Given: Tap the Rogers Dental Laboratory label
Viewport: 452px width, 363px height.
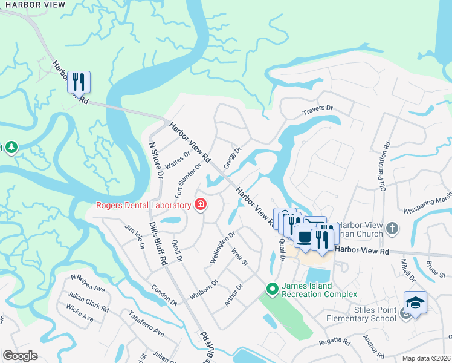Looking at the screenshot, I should pos(144,205).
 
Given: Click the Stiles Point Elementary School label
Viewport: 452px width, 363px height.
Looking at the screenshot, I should pos(360,314).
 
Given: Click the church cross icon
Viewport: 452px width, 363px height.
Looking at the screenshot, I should pos(392,229).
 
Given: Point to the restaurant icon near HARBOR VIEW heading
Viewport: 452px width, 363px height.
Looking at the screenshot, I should pos(79,81).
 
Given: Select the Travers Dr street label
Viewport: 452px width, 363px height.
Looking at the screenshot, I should pos(318,110).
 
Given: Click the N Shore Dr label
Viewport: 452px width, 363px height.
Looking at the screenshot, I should pos(157,155).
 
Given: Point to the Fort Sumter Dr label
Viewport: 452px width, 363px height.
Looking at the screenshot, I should pos(188,180).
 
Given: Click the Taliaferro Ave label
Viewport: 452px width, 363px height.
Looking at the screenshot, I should pos(146,324).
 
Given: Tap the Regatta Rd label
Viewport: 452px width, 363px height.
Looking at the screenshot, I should pos(335,343).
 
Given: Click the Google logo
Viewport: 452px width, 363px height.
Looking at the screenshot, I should pos(21,355).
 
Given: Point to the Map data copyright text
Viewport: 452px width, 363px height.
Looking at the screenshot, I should pos(426,358).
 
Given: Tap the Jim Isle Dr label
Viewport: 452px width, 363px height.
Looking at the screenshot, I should pos(134,237).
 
